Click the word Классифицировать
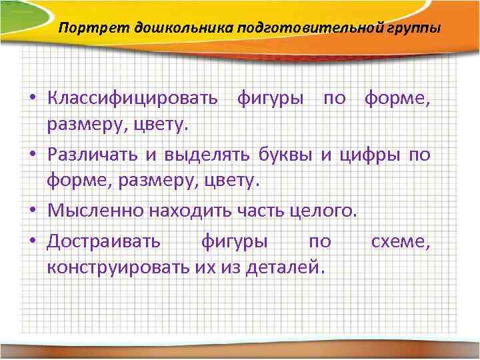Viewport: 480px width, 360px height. coord(132,99)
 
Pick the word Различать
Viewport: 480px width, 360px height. coord(93,156)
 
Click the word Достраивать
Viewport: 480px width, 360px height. coord(103,241)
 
